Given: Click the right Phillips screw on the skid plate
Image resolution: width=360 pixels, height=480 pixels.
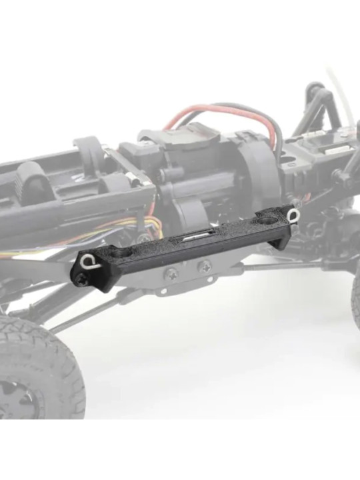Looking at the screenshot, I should coord(203,266).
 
